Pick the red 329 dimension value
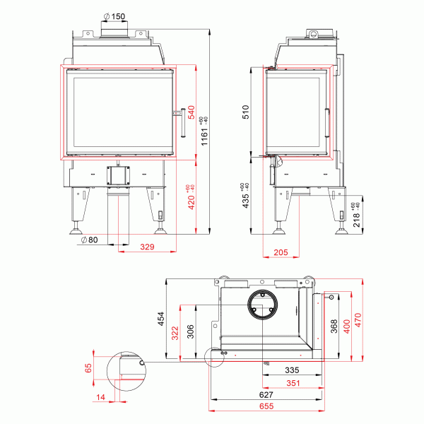(146, 247)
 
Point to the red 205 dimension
(281, 252)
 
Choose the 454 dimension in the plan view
(160, 319)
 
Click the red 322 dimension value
(175, 332)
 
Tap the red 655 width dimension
(266, 407)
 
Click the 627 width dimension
(266, 396)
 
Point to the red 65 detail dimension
(88, 369)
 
